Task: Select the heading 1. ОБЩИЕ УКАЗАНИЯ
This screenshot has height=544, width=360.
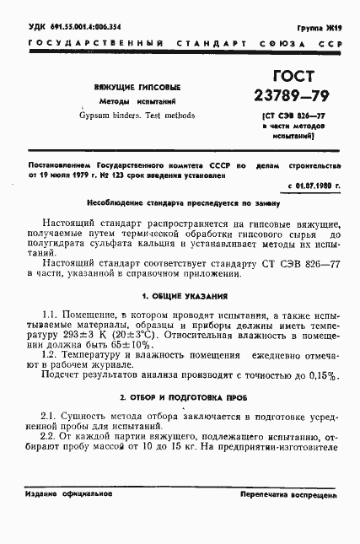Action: point(180,295)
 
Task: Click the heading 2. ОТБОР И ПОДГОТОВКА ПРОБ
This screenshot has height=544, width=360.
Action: point(180,396)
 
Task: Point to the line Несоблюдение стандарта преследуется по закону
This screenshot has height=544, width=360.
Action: point(180,203)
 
